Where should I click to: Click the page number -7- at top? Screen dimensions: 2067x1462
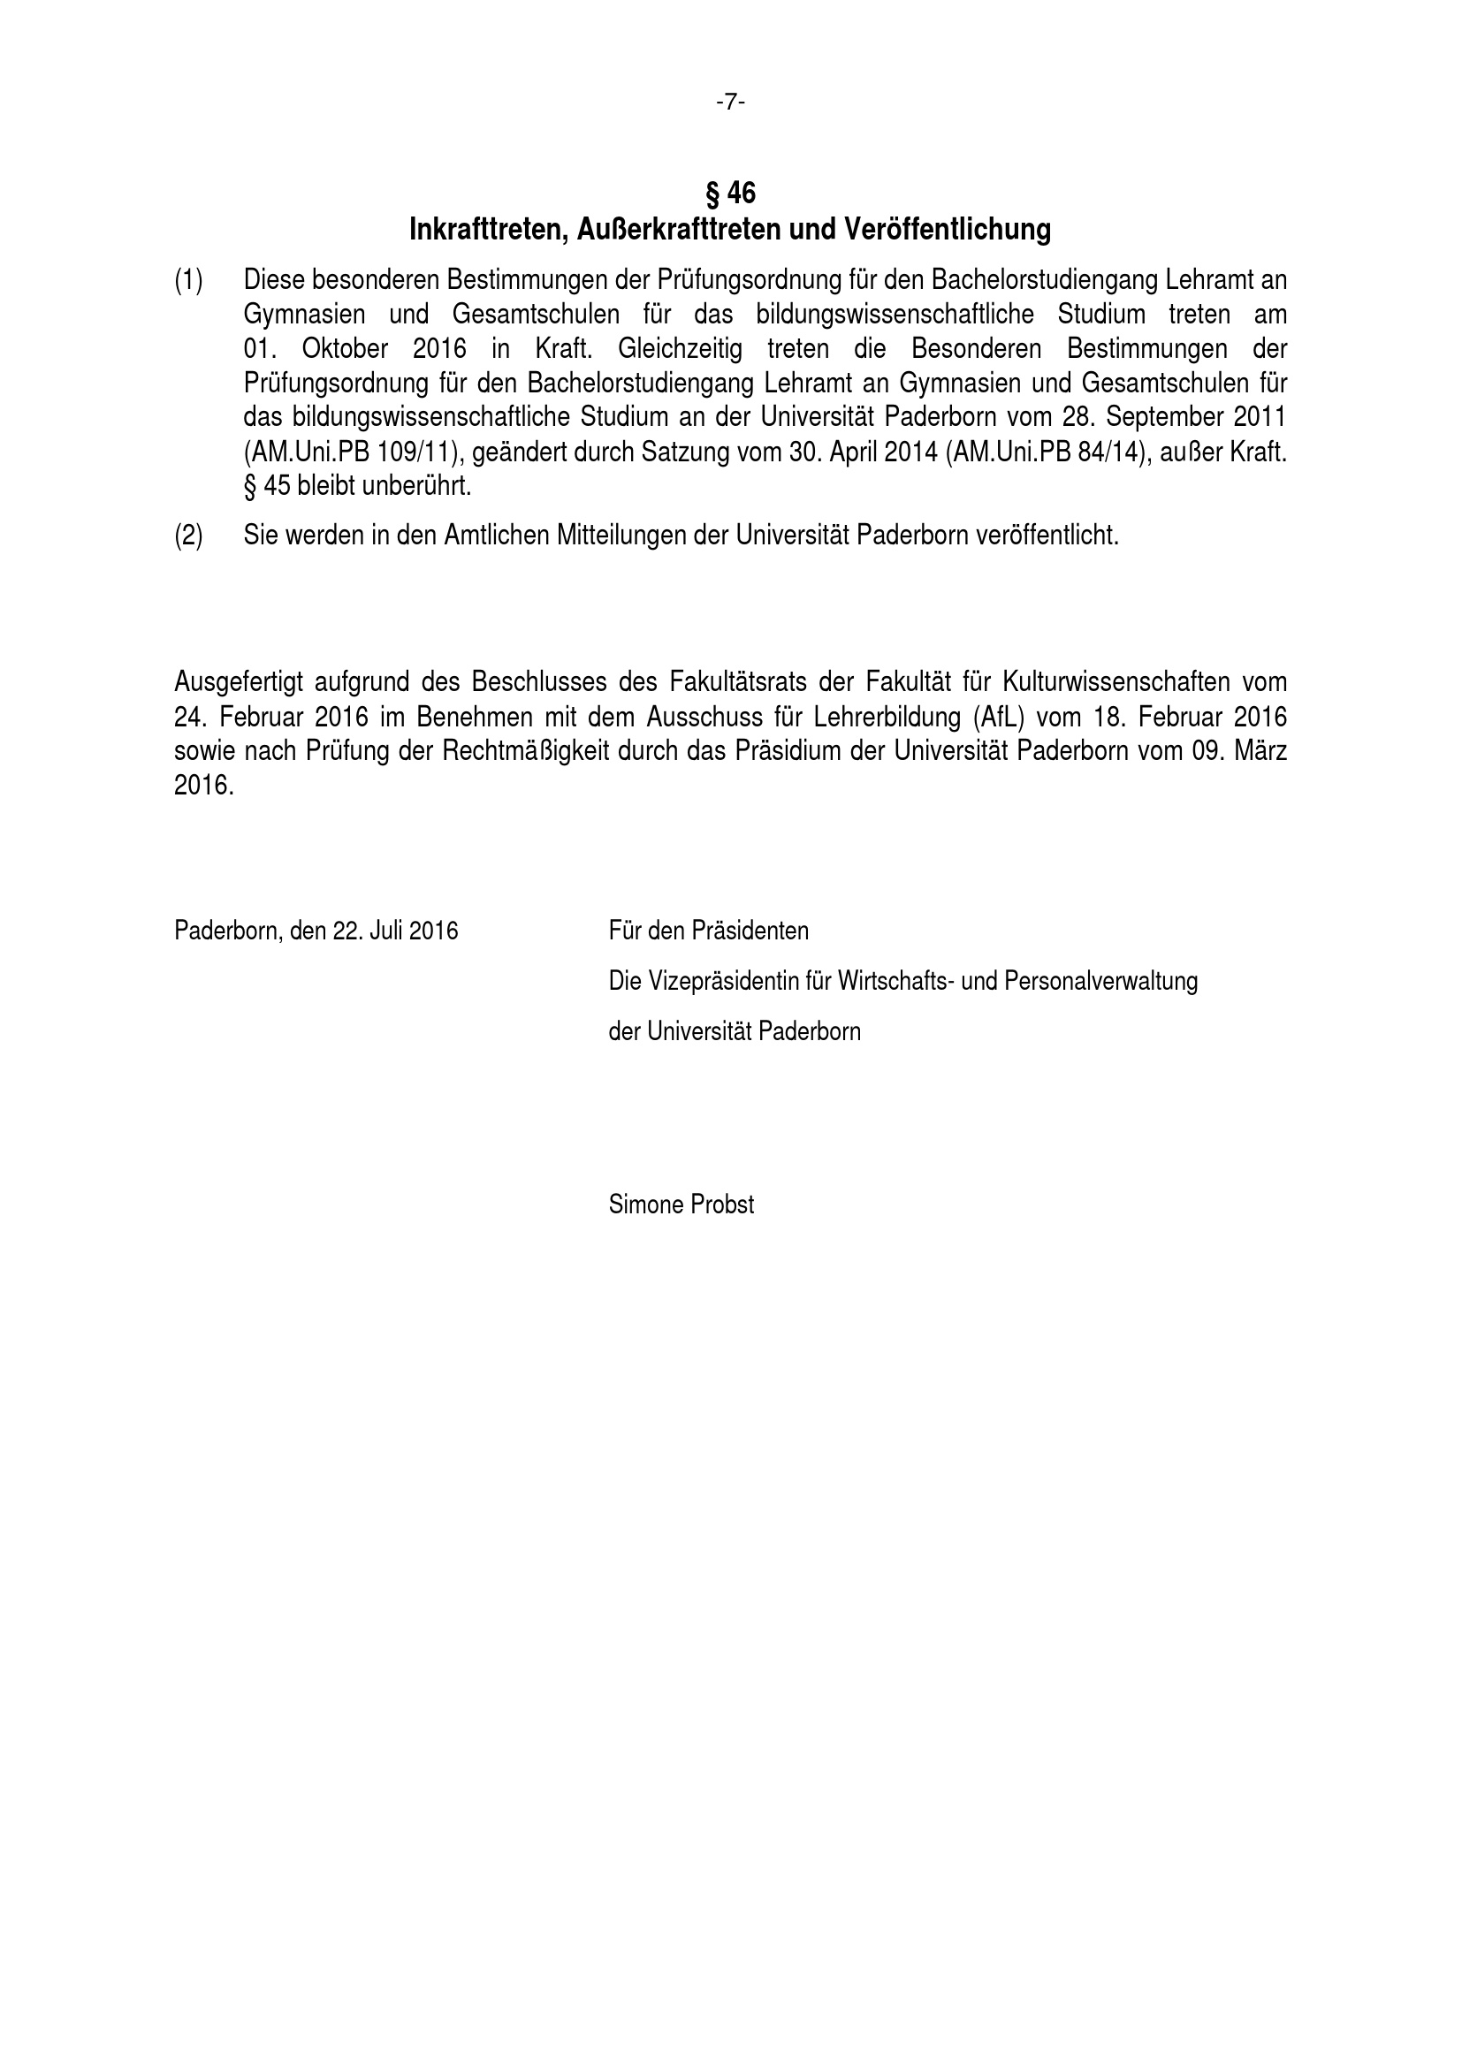point(730,103)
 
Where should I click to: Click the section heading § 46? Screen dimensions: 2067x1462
point(730,193)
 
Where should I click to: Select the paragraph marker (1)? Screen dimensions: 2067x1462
point(188,280)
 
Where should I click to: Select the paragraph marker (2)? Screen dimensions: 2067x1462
point(188,536)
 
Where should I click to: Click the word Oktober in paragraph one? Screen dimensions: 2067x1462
point(345,348)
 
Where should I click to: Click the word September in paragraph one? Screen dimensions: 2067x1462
point(1155,418)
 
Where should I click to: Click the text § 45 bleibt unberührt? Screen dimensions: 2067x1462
point(357,486)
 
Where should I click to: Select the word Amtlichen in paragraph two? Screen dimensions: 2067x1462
point(496,536)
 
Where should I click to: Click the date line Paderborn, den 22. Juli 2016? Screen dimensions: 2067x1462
point(316,930)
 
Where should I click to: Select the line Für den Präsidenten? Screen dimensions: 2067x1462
point(709,930)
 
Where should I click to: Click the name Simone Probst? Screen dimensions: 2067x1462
point(682,1204)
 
